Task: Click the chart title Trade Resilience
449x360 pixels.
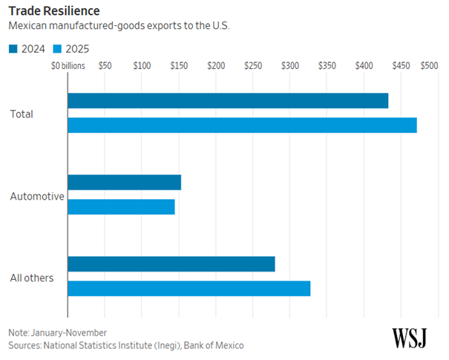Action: click(x=54, y=12)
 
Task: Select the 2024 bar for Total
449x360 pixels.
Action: click(x=228, y=101)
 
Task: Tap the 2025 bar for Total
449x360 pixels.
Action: click(x=242, y=125)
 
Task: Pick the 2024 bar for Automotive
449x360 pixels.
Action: click(x=124, y=183)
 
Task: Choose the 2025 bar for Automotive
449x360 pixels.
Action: click(x=121, y=206)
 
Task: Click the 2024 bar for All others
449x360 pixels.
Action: click(x=171, y=264)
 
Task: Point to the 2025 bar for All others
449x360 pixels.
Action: click(x=189, y=288)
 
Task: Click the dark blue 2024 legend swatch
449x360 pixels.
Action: click(x=13, y=48)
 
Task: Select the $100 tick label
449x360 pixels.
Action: click(x=142, y=66)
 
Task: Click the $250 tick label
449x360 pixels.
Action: click(x=253, y=66)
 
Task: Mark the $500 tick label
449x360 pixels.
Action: click(x=428, y=66)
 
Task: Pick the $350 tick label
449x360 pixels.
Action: click(x=327, y=66)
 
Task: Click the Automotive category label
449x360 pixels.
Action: click(x=37, y=197)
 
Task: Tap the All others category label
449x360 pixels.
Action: click(x=31, y=278)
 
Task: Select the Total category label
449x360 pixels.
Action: click(x=22, y=114)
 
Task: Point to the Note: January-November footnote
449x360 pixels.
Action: click(x=58, y=333)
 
